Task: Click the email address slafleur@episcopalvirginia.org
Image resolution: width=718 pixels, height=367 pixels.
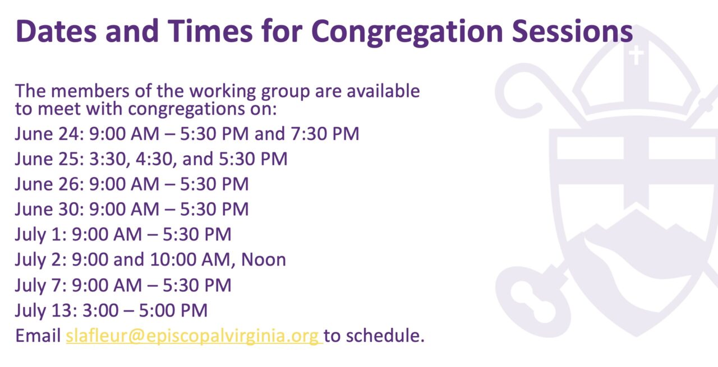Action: [194, 335]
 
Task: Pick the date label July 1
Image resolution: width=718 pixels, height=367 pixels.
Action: [40, 234]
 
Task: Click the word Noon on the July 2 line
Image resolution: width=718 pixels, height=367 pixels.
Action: [263, 259]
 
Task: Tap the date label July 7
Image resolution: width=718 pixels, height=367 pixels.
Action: [40, 285]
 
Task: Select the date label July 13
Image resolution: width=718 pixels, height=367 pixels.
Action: [44, 310]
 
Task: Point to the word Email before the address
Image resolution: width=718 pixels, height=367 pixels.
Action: [38, 335]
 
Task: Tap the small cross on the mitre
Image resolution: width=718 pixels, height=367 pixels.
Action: [636, 55]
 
